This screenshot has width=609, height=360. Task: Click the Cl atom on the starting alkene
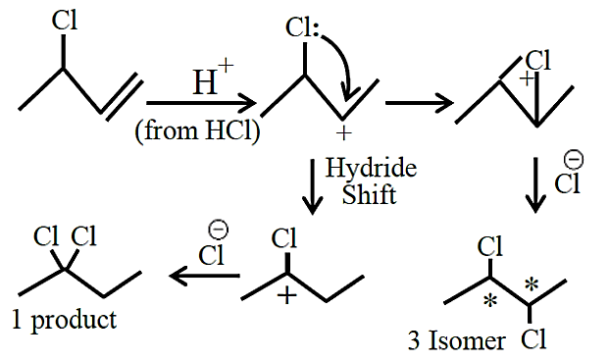click(x=65, y=21)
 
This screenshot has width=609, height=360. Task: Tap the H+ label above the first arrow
click(x=213, y=77)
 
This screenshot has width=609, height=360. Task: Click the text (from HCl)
click(x=197, y=130)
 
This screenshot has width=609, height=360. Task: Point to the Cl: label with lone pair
click(x=302, y=28)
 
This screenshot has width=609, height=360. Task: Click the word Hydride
click(x=371, y=169)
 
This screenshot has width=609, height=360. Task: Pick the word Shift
click(x=369, y=194)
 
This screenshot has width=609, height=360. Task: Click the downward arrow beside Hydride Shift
click(x=312, y=186)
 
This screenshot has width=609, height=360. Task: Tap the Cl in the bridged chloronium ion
click(x=538, y=60)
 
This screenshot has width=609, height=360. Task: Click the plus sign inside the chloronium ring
click(x=527, y=78)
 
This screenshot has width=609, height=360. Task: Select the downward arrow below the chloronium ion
click(x=535, y=184)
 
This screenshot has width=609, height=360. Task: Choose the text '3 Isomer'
click(x=457, y=340)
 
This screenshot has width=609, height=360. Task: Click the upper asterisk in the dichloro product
click(x=532, y=285)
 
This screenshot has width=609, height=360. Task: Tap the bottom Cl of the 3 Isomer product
click(x=533, y=339)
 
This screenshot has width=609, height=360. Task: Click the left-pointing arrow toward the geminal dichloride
click(x=205, y=276)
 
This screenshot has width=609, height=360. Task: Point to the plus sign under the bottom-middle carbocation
click(x=287, y=296)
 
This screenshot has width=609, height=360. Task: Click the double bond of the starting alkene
click(x=122, y=95)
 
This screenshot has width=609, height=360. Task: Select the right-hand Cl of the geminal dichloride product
click(x=83, y=235)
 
